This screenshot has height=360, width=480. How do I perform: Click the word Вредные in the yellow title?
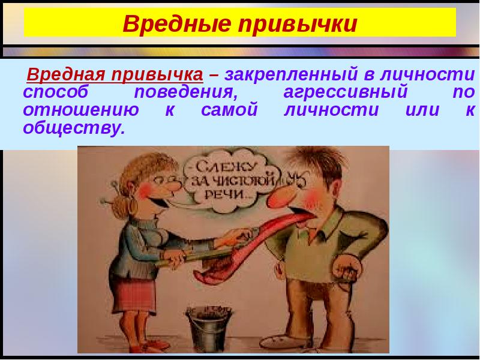[x=176, y=23]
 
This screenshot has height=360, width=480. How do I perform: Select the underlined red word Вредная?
[x=67, y=74]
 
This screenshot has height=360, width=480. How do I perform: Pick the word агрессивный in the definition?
[x=346, y=92]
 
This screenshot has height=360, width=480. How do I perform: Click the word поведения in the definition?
[x=186, y=92]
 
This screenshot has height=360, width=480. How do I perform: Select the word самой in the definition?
[x=230, y=110]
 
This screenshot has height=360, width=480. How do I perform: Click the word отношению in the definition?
[x=81, y=110]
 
